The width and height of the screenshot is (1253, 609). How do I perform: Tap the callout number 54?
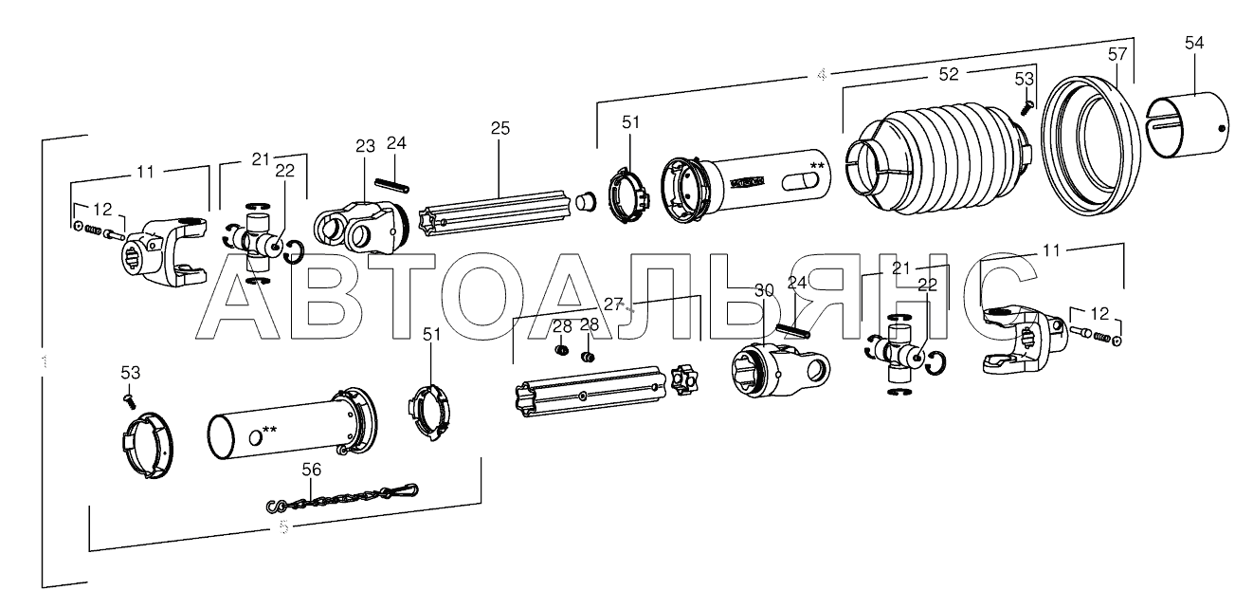coord(1193,42)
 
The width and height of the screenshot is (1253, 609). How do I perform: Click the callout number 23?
coord(366,146)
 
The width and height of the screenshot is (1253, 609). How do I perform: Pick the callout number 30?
coord(764,289)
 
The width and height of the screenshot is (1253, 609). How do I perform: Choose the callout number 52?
coord(948,73)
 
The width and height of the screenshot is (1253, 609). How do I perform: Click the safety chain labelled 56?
coord(341,497)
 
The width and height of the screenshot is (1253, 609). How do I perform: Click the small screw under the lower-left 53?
coord(130,402)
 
